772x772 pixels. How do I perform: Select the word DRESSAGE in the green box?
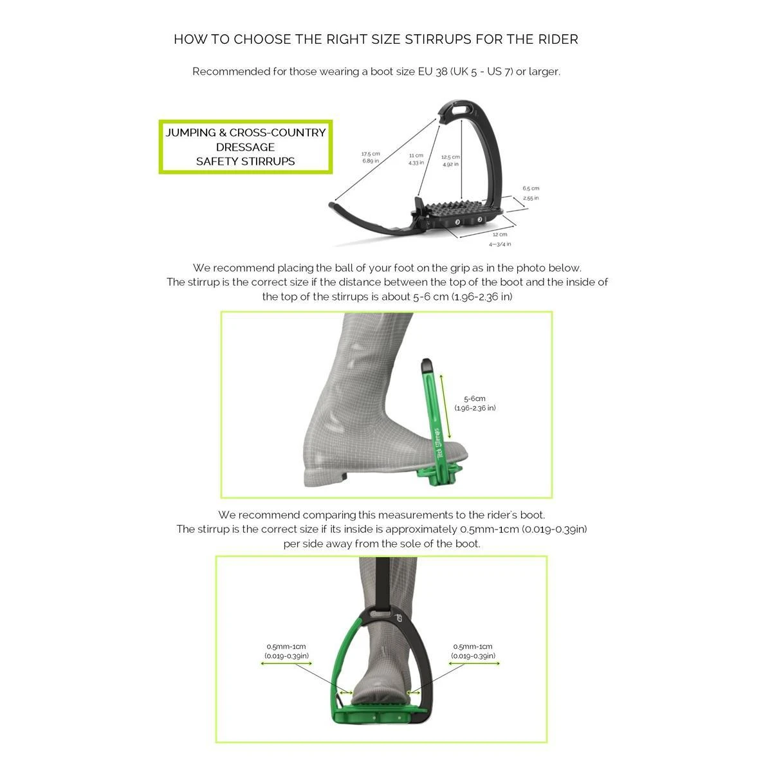tap(245, 147)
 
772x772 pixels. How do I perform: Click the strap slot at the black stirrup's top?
tap(457, 109)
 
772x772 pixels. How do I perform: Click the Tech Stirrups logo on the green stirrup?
tap(437, 443)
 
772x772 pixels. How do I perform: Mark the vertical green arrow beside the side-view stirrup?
tap(442, 405)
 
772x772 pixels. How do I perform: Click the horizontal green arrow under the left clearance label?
tap(286, 663)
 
